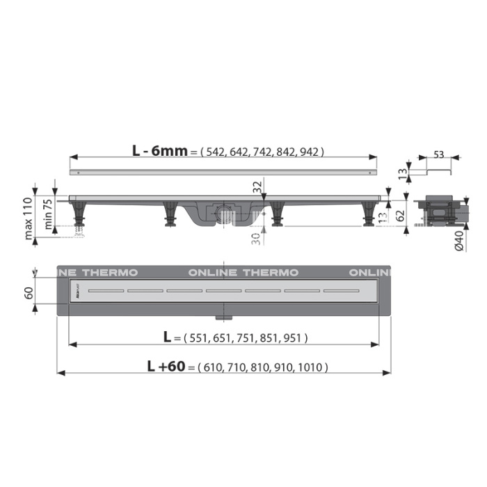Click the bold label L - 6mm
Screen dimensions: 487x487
[159, 150]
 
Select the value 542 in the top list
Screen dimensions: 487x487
[214, 151]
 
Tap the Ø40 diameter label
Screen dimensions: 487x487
[459, 239]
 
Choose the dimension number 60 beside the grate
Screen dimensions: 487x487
[29, 293]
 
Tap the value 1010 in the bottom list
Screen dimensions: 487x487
[313, 367]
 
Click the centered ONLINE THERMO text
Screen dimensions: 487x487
[243, 272]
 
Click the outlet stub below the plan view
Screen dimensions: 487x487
[224, 317]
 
